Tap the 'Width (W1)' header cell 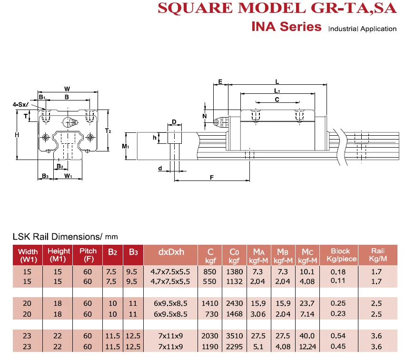tap(28, 254)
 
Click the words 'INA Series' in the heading tap(286, 27)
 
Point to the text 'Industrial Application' tap(362, 29)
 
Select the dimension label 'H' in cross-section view tap(17, 135)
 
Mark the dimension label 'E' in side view tap(220, 81)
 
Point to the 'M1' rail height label tap(125, 146)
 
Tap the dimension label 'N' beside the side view tap(205, 116)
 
